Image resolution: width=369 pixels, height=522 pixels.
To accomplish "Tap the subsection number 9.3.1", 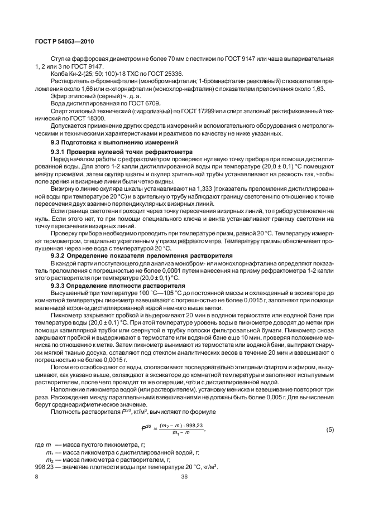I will click(x=59, y=152).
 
